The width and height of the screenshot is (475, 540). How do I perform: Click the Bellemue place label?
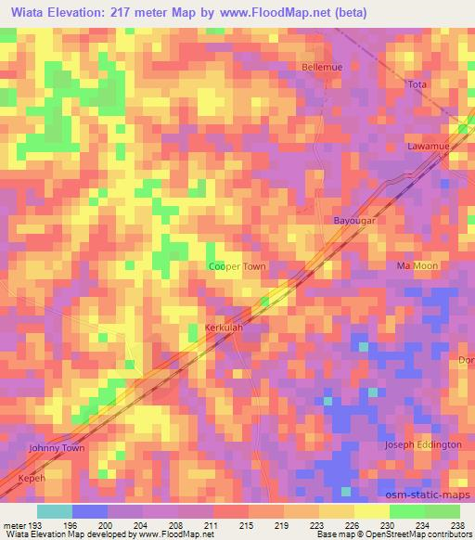(323, 67)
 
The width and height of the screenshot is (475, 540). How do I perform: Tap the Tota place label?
(417, 84)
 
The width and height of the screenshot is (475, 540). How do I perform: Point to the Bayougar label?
(353, 221)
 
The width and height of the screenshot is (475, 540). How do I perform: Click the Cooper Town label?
(237, 266)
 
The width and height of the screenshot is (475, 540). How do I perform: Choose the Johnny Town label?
(58, 448)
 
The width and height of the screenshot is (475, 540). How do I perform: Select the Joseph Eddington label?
(423, 445)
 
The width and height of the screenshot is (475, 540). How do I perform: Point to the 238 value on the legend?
(458, 524)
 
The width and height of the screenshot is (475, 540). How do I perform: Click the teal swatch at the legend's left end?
(55, 511)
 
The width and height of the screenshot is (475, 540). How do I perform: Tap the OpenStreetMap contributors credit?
(428, 534)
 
